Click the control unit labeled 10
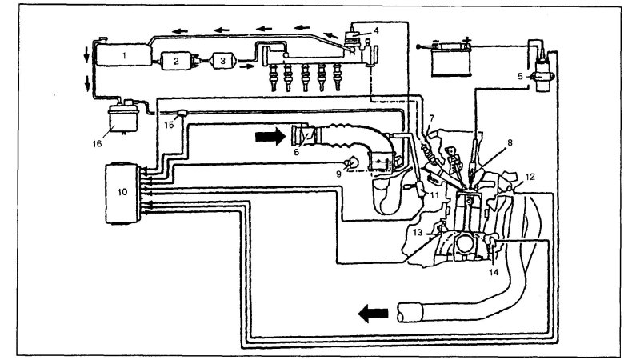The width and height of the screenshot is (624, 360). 122,192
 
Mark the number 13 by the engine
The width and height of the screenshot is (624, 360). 418,233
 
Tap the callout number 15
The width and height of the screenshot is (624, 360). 167,124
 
